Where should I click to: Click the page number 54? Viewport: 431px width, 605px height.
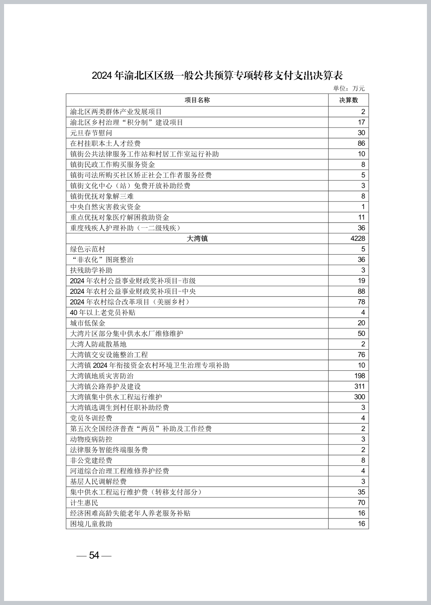click(94, 555)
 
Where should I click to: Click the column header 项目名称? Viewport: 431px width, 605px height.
click(197, 100)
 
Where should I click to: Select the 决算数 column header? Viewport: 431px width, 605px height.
click(348, 100)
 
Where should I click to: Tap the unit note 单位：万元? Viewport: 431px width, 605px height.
click(349, 89)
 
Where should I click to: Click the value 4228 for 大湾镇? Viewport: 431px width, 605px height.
click(358, 239)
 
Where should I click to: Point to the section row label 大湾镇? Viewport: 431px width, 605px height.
click(197, 239)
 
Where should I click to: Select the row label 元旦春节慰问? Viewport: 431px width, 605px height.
click(91, 133)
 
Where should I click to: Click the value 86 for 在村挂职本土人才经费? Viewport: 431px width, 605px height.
click(361, 144)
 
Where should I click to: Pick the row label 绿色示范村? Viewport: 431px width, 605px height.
click(87, 249)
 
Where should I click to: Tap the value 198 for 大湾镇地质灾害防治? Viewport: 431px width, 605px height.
click(360, 376)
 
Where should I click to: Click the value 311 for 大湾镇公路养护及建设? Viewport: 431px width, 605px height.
click(360, 387)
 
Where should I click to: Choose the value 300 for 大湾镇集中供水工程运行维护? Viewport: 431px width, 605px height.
click(360, 397)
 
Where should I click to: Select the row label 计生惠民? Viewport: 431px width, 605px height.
click(84, 503)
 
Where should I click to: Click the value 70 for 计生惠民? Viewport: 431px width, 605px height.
click(361, 503)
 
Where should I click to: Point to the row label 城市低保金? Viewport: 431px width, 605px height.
click(87, 323)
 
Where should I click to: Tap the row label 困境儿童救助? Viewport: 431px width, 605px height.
click(91, 524)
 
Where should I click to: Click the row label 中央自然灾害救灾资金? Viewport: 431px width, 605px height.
click(105, 207)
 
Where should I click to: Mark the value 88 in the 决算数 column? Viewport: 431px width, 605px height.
click(361, 292)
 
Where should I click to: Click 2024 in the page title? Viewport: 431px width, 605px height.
click(102, 76)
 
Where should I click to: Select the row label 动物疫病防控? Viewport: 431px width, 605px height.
click(91, 439)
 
